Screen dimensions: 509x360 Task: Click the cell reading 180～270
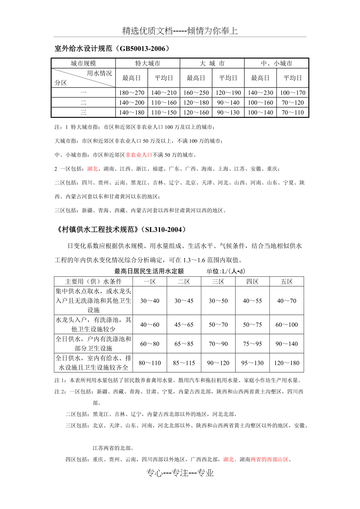click(x=131, y=93)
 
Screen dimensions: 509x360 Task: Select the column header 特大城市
click(x=148, y=63)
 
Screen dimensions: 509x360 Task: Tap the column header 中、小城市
click(x=276, y=63)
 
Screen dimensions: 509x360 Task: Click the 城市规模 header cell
click(x=83, y=63)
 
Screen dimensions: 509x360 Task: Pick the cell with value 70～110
click(x=292, y=113)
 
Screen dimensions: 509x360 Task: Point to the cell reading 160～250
click(x=196, y=93)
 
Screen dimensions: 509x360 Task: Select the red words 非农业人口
click(x=139, y=155)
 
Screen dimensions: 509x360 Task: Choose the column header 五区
click(x=286, y=281)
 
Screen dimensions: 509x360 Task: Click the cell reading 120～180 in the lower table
click(x=286, y=363)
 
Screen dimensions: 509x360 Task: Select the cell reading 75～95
click(x=252, y=344)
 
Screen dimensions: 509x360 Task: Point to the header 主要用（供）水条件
click(x=94, y=281)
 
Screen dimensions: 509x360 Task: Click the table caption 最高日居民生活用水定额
click(x=149, y=271)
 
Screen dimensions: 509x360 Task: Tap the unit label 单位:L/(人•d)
click(x=226, y=271)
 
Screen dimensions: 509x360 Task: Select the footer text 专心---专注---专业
click(x=180, y=473)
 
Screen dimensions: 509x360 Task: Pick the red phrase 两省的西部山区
click(x=270, y=459)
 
